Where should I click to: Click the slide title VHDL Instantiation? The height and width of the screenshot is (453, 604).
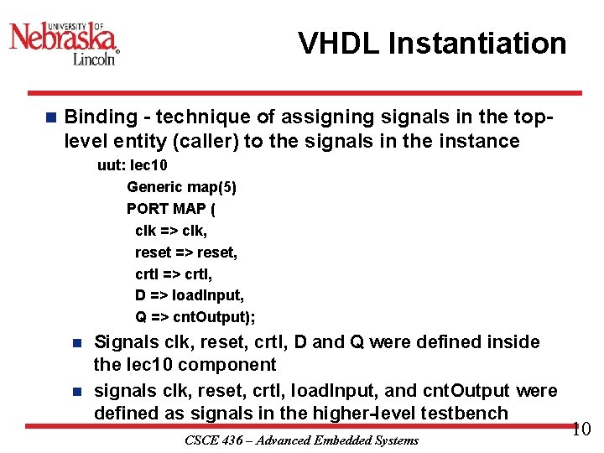point(432,44)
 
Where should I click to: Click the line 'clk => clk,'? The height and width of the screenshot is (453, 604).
point(171,230)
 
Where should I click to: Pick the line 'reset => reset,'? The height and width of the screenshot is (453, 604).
point(186,252)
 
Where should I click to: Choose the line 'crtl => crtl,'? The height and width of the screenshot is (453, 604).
point(174,273)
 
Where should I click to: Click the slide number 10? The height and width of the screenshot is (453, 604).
point(581,430)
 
